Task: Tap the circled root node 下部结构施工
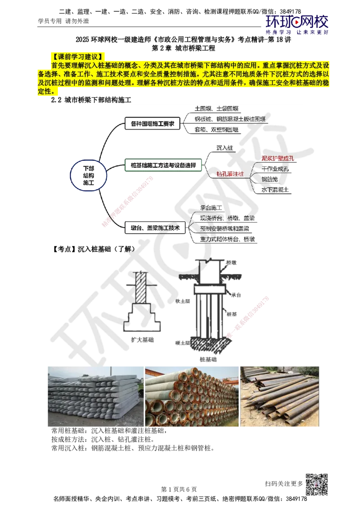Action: coord(89,175)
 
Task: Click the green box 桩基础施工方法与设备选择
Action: coord(163,165)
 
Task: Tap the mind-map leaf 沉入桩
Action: coord(225,147)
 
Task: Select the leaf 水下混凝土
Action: coord(276,190)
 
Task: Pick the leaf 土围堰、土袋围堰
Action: coord(217,109)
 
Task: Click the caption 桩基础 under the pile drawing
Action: coord(207,360)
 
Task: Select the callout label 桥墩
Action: coord(231,262)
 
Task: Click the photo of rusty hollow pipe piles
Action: coord(191,396)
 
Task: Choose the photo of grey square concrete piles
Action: coord(95,396)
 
